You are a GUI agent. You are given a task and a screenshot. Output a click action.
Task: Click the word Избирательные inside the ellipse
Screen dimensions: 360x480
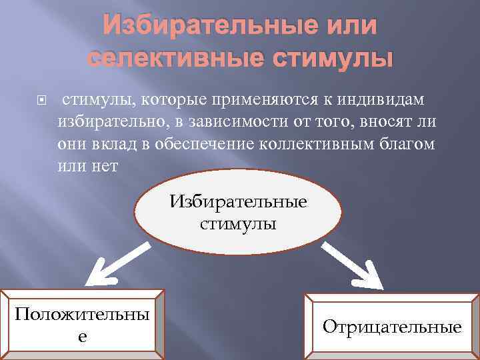[x=239, y=201]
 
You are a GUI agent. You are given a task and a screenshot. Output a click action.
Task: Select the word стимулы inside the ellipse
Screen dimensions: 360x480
[x=238, y=223]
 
